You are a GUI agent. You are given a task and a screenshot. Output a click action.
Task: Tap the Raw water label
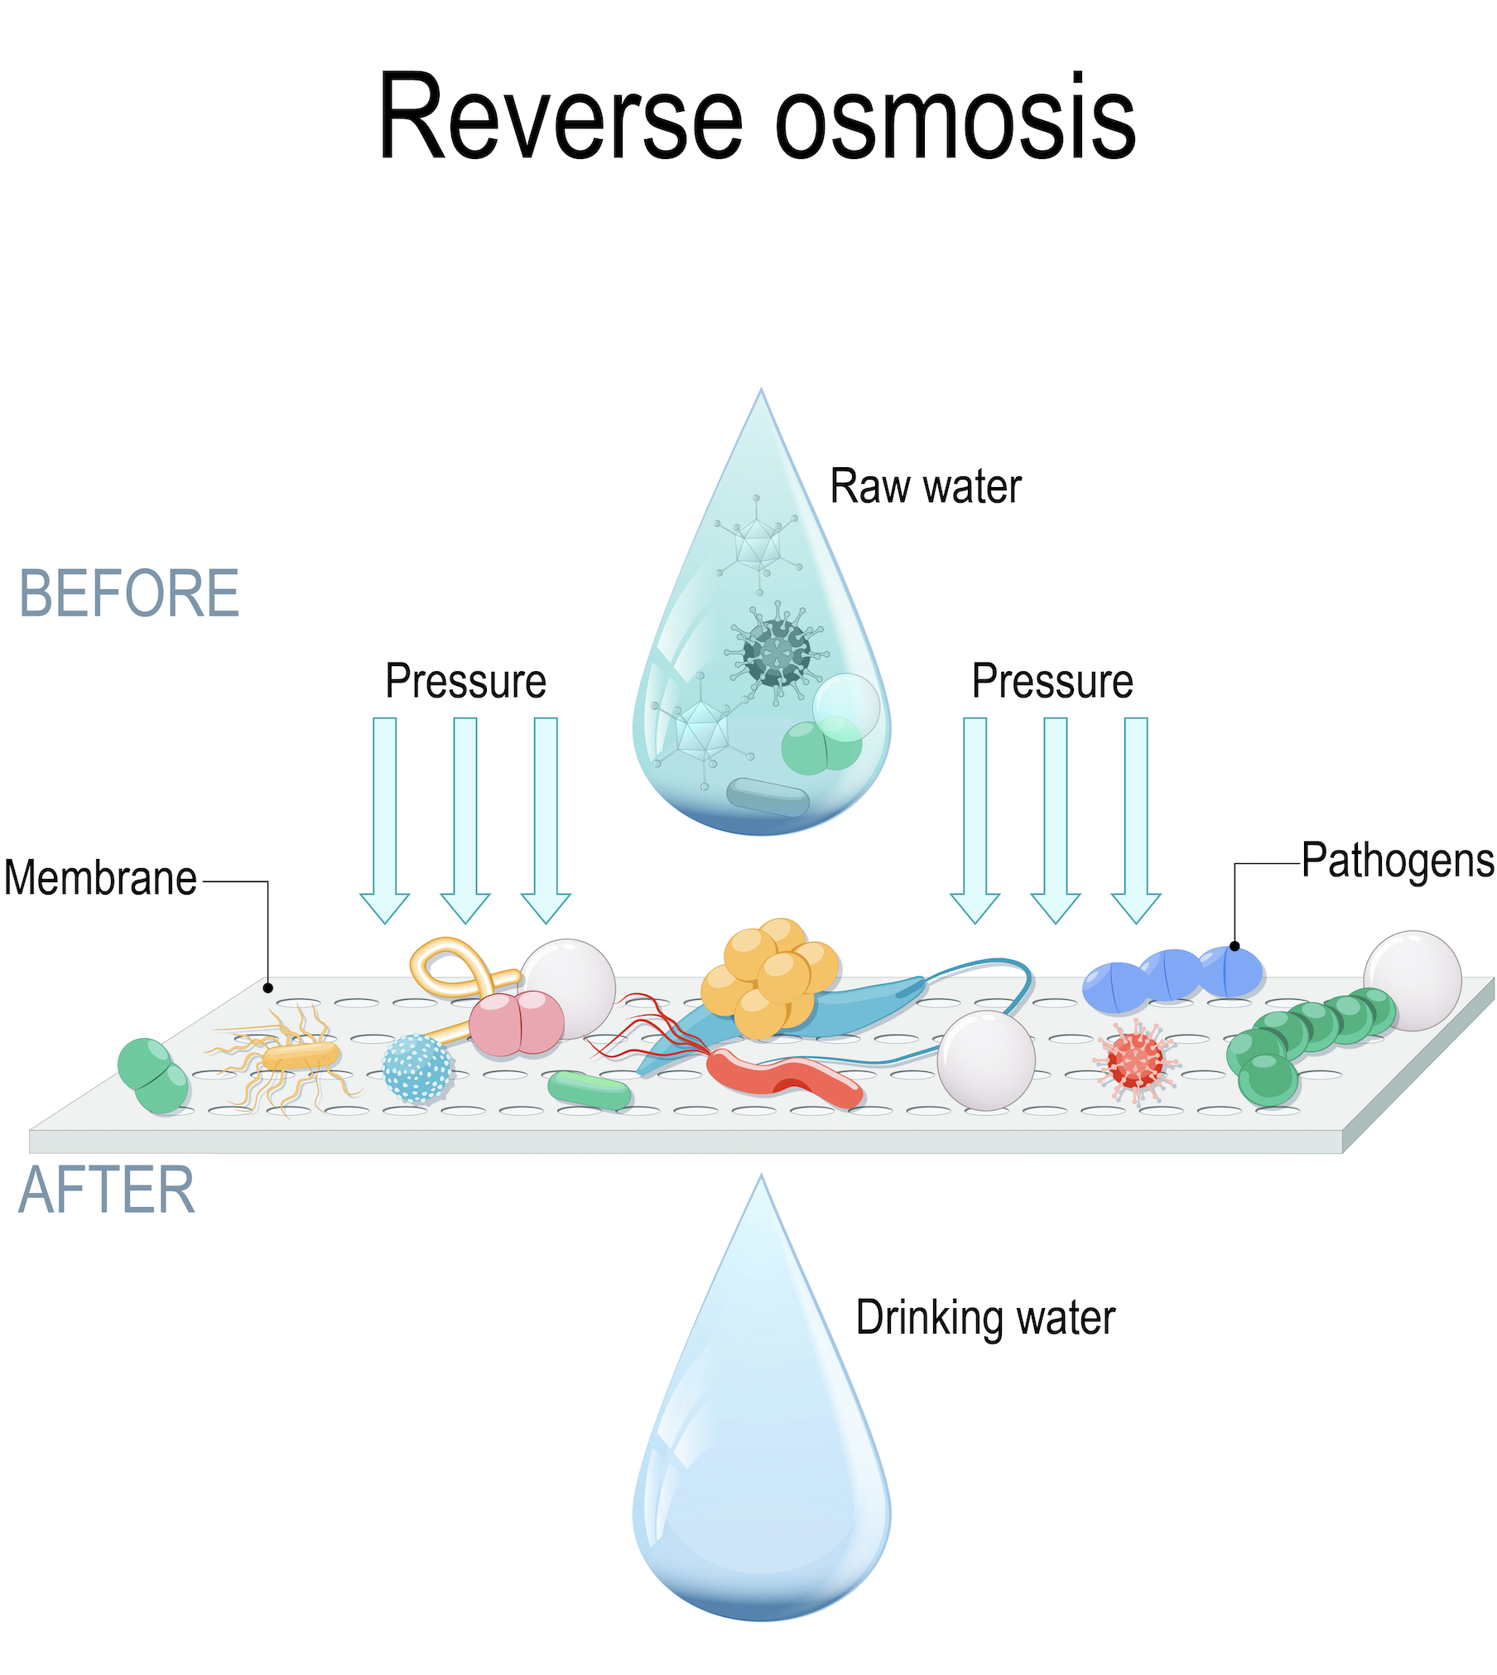pyautogui.click(x=925, y=486)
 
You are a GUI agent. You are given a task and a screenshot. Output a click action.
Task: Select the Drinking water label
pyautogui.click(x=984, y=1317)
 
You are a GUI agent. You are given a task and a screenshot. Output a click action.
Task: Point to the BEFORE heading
pyautogui.click(x=129, y=594)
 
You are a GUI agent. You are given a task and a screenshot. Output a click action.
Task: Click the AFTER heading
pyautogui.click(x=106, y=1190)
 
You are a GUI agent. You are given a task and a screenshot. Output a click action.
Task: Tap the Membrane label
pyautogui.click(x=100, y=878)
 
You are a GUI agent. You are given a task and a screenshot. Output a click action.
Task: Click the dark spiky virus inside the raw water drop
pyautogui.click(x=776, y=653)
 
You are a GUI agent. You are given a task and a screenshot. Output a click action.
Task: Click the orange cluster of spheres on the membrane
pyautogui.click(x=768, y=977)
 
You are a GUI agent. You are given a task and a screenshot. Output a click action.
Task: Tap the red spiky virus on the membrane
pyautogui.click(x=1135, y=1062)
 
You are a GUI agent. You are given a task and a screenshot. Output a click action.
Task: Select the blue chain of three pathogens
pyautogui.click(x=1172, y=977)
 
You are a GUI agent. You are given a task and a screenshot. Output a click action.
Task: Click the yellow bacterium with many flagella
pyautogui.click(x=301, y=1056)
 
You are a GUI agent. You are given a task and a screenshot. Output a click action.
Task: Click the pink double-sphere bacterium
pyautogui.click(x=517, y=1024)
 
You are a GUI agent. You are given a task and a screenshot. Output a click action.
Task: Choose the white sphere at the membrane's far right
pyautogui.click(x=1413, y=980)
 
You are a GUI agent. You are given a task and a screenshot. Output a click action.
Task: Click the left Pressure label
pyautogui.click(x=465, y=682)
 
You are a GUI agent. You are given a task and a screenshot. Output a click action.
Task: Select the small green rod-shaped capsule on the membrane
pyautogui.click(x=589, y=1090)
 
